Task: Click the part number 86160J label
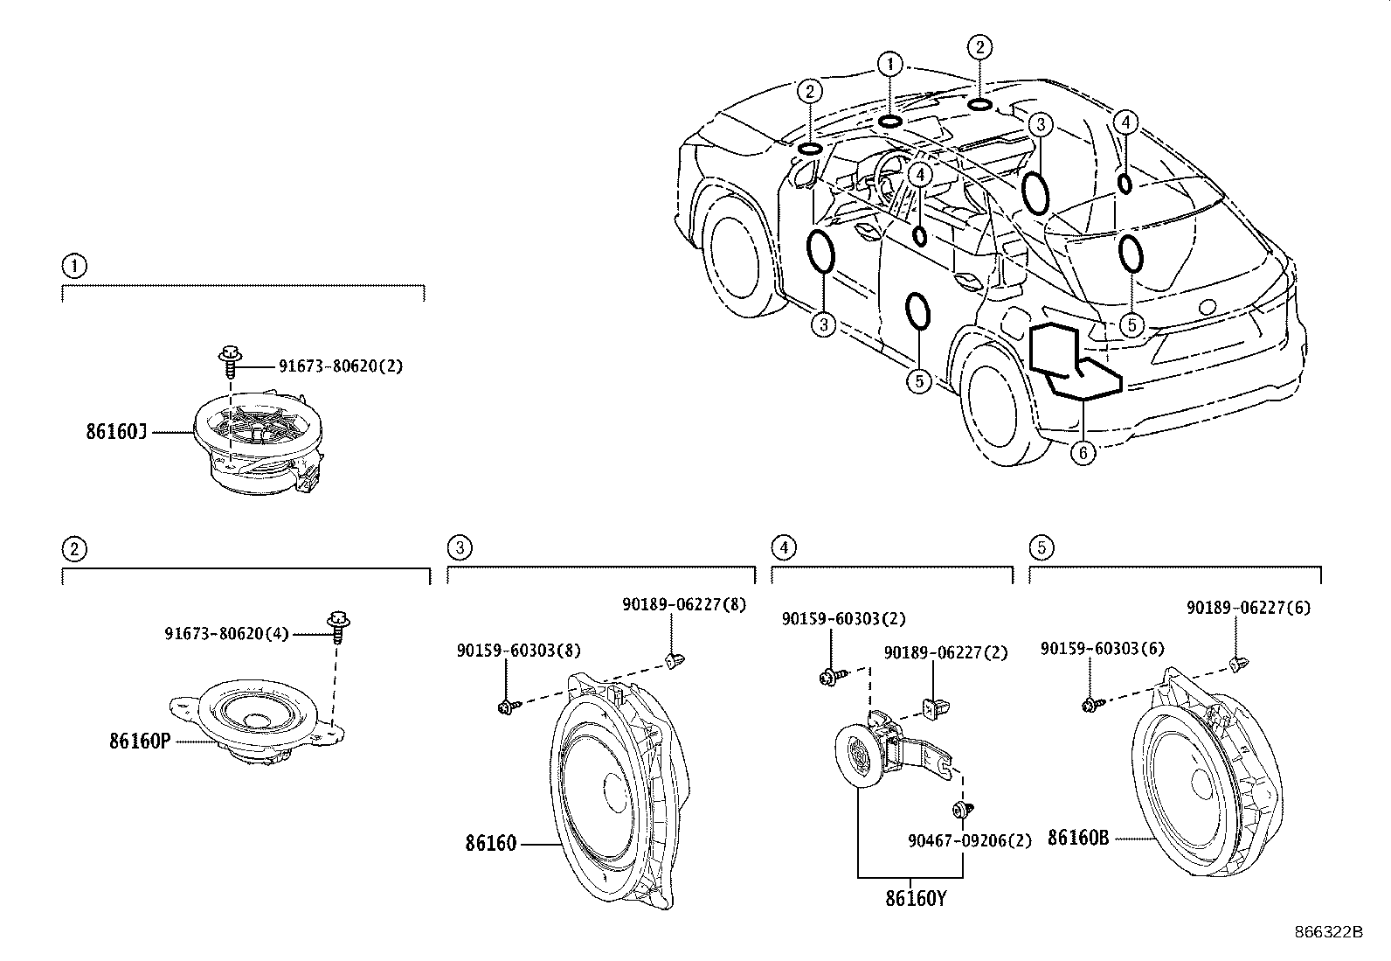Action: tap(116, 431)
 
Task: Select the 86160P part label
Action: tap(139, 741)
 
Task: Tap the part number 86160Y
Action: tap(916, 898)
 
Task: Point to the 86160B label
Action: tap(1078, 838)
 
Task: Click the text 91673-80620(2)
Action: tap(341, 366)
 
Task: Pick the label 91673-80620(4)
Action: tap(226, 633)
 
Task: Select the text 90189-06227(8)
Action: tap(684, 603)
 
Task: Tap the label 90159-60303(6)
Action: tap(1103, 649)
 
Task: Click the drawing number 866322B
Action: tap(1328, 932)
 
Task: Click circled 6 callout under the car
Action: tap(1083, 453)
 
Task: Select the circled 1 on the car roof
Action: tap(890, 63)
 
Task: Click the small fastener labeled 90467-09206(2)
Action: tap(965, 810)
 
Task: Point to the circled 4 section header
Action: tap(784, 547)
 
